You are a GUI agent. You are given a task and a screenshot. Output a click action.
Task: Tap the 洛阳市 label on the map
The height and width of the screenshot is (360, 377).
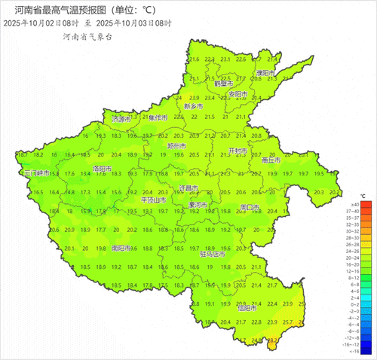click(x=101, y=168)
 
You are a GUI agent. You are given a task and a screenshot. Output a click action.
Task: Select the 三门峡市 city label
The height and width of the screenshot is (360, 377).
click(x=38, y=173)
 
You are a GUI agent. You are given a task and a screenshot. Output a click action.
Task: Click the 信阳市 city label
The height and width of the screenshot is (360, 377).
click(x=247, y=307)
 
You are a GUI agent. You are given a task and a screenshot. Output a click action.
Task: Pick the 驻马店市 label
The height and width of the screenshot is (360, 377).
click(x=212, y=255)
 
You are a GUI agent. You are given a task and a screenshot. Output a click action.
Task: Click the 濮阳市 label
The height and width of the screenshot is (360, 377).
click(x=265, y=73)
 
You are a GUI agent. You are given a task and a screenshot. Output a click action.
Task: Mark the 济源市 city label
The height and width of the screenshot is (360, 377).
click(x=121, y=119)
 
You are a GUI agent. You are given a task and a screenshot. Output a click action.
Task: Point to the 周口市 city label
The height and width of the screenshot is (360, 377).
click(x=249, y=206)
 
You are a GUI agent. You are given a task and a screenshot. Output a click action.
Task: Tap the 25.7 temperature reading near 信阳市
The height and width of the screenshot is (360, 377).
click(x=287, y=322)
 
